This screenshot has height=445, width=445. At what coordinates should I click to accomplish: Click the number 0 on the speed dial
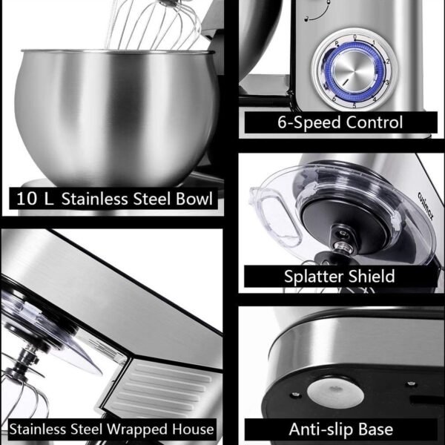(x=355, y=37)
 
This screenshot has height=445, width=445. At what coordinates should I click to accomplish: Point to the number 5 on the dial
(x=355, y=105)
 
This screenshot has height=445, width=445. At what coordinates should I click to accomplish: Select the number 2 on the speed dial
(x=388, y=62)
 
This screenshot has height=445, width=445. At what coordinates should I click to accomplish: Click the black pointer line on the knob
(x=346, y=82)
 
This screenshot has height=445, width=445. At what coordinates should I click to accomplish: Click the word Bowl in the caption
(x=194, y=199)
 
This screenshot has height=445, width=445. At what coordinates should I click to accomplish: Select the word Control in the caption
(x=375, y=122)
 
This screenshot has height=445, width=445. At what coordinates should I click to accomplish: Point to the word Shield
(x=372, y=276)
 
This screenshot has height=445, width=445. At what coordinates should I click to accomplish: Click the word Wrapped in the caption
(x=137, y=429)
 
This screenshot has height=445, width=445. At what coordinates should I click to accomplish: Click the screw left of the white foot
(x=294, y=395)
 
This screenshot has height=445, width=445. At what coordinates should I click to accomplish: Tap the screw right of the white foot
(x=411, y=384)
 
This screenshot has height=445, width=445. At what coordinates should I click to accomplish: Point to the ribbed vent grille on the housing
(x=161, y=389)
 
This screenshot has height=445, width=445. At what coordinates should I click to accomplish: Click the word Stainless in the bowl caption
(x=95, y=199)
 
